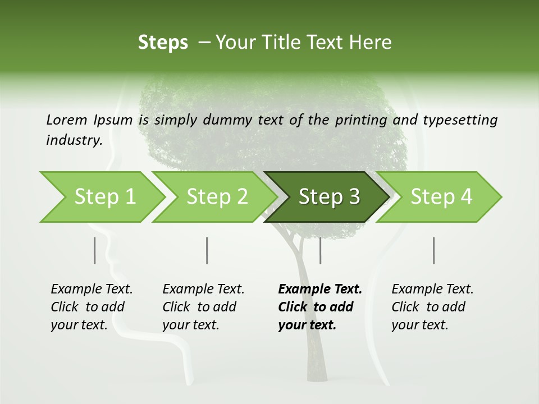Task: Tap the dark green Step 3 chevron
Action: tap(328, 197)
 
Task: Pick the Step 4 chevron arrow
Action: tap(441, 197)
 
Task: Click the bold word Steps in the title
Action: tap(163, 43)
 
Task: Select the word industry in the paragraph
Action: tap(74, 140)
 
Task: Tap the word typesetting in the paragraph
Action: tap(460, 120)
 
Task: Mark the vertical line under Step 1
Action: tap(95, 250)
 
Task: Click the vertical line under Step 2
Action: tap(207, 250)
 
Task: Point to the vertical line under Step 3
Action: tap(320, 250)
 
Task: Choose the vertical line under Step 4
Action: tap(433, 250)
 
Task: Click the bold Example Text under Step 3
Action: tap(320, 290)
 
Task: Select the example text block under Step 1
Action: tap(92, 307)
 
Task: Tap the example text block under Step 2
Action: tap(203, 307)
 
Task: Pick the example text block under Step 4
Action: tap(432, 307)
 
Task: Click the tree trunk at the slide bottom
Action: tap(316, 359)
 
